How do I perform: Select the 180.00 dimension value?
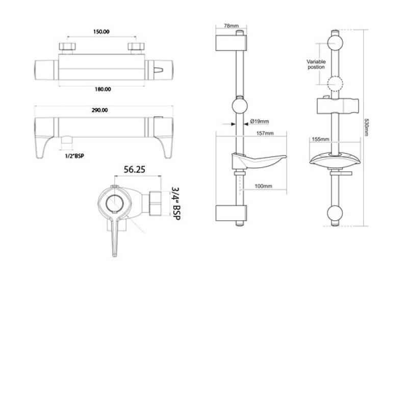click(103, 90)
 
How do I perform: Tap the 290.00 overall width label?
click(100, 110)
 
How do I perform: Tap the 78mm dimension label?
click(231, 25)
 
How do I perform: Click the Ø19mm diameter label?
click(260, 121)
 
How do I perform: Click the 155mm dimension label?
click(320, 139)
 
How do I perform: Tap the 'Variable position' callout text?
click(316, 64)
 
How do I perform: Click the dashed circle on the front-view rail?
click(335, 84)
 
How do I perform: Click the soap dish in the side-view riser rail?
click(258, 160)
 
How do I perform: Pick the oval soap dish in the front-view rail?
click(335, 160)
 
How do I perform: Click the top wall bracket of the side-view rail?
click(231, 43)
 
